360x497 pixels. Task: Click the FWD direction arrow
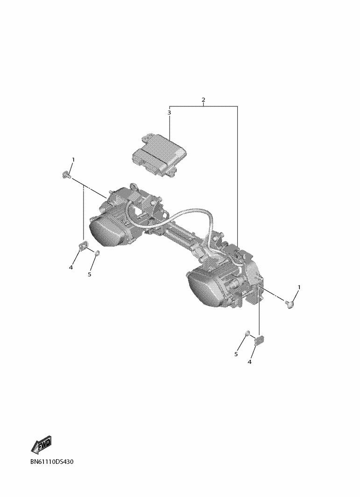coord(41,444)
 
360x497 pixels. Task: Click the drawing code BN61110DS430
coord(52,462)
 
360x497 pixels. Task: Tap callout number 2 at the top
coord(203,99)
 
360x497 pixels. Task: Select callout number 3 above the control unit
coord(169,112)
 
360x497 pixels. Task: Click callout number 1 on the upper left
coord(73,160)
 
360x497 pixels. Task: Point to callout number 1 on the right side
coord(298,287)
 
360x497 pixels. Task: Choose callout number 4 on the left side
coord(71,267)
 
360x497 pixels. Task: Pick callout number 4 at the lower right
coord(250,362)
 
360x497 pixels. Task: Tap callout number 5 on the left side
coord(90,274)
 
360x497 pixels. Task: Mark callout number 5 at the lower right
coord(236,354)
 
